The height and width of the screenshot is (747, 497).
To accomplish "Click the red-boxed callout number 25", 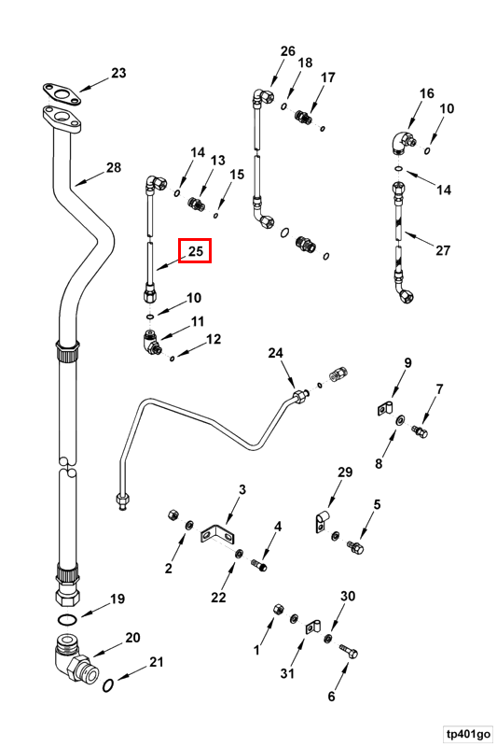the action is coord(196,250).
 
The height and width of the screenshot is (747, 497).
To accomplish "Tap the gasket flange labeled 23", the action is coord(62,94).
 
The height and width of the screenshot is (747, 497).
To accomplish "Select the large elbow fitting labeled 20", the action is coord(76,658).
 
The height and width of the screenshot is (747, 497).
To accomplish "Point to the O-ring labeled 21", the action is coord(108,685).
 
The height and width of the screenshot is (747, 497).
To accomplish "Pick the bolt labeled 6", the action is coord(349,651).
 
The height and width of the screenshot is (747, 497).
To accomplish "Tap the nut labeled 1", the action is coord(278,610).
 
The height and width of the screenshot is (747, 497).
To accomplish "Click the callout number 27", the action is coord(443,250).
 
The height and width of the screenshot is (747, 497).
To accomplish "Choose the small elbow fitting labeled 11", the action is coord(151,343).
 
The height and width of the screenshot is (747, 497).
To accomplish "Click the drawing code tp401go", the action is coord(468,733).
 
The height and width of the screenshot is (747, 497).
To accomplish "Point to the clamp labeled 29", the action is coord(322,522).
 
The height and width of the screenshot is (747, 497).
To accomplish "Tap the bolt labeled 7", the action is coord(420,432).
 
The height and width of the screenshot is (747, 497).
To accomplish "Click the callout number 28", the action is coord(114,167).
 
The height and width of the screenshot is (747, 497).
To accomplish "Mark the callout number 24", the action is coord(276,353).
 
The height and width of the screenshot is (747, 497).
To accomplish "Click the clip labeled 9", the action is coord(384,409).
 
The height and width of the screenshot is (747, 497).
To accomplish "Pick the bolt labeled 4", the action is coord(258,566).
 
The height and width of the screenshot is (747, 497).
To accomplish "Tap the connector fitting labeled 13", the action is coord(196,204).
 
